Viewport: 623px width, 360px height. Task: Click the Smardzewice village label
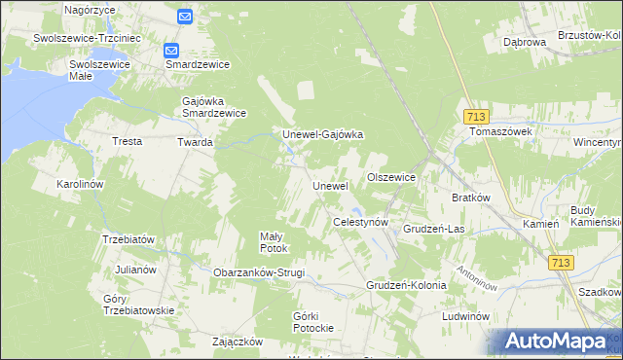[x=198, y=64]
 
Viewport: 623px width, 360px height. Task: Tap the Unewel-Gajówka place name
[x=322, y=134]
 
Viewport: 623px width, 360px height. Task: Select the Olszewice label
[x=391, y=177]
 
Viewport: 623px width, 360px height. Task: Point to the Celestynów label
[x=361, y=222]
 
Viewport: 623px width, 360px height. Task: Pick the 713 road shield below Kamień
[x=560, y=263]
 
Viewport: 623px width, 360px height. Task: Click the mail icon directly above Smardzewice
[x=171, y=50]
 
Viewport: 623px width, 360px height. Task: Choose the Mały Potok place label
[x=274, y=242]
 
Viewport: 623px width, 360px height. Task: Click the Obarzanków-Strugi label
[x=259, y=272]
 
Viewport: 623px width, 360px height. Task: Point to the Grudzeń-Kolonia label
[x=406, y=285]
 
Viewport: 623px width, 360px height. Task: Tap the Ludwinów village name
[x=463, y=317]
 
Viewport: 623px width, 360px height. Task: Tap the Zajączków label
[x=238, y=342]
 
